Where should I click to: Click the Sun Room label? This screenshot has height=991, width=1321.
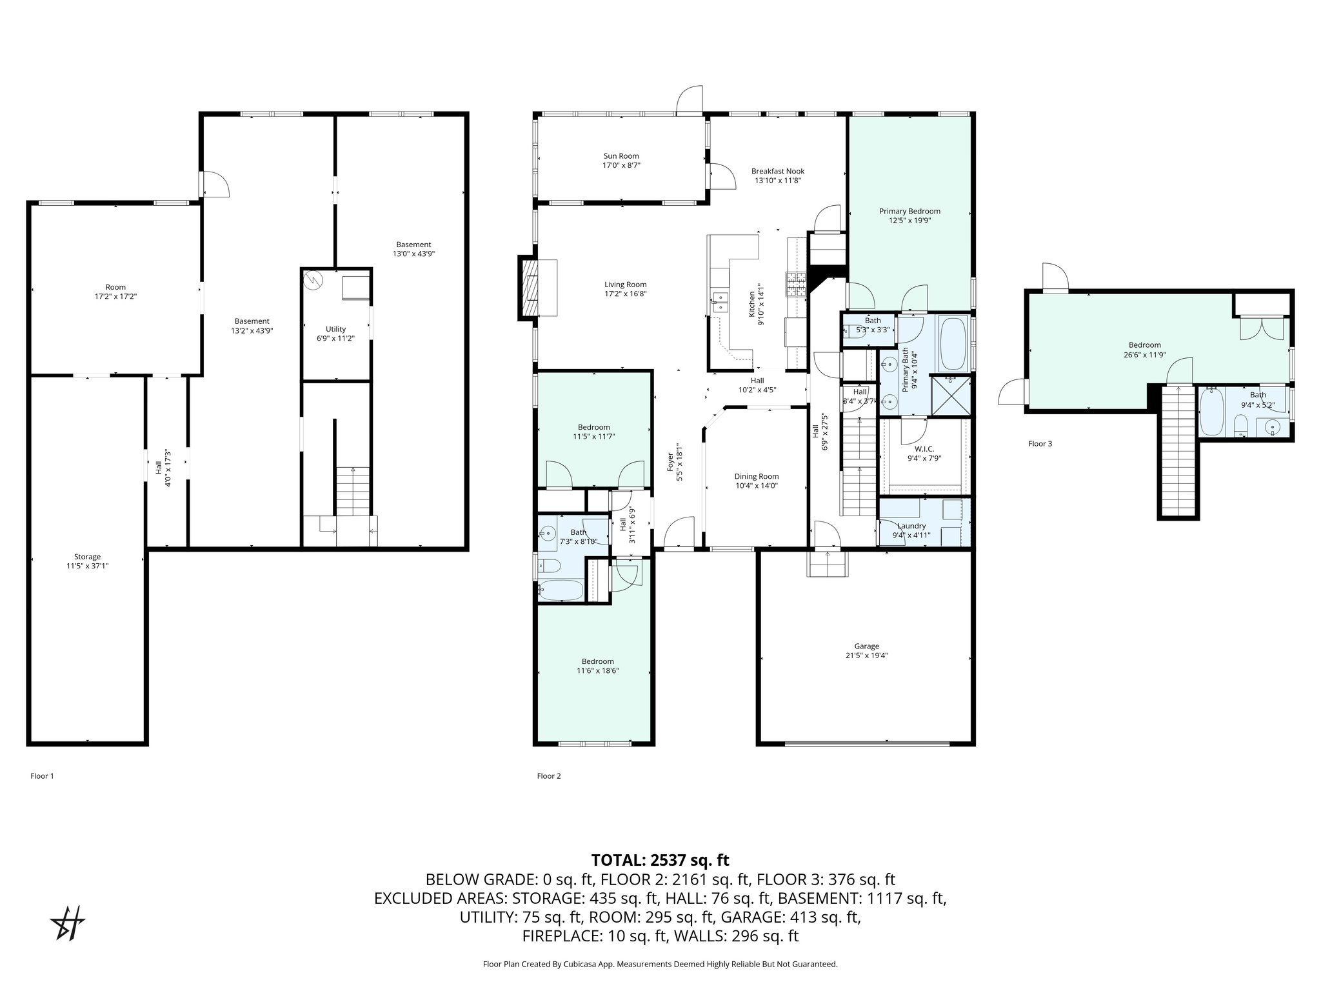(621, 156)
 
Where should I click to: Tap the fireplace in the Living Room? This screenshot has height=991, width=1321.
(530, 288)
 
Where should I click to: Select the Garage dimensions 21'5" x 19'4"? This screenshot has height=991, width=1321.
(866, 656)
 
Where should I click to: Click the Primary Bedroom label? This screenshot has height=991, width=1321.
(909, 211)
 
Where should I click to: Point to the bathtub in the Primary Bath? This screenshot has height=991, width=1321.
(952, 345)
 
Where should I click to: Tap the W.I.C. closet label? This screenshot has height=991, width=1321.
(924, 449)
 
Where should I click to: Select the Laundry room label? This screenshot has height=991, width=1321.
(911, 526)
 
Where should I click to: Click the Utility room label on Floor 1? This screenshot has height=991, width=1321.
(335, 329)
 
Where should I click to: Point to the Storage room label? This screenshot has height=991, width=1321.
(87, 557)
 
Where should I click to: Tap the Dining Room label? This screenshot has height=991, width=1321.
(756, 477)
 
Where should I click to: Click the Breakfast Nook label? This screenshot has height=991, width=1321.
(777, 172)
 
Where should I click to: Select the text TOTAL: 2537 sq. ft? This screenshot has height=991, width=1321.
(660, 860)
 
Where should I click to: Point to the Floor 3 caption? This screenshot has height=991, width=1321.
(1040, 444)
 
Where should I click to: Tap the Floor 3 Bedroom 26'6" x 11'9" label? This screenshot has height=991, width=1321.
(1144, 345)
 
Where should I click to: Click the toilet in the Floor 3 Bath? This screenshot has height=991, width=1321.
(1239, 426)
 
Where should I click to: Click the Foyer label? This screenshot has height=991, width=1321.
(670, 462)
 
